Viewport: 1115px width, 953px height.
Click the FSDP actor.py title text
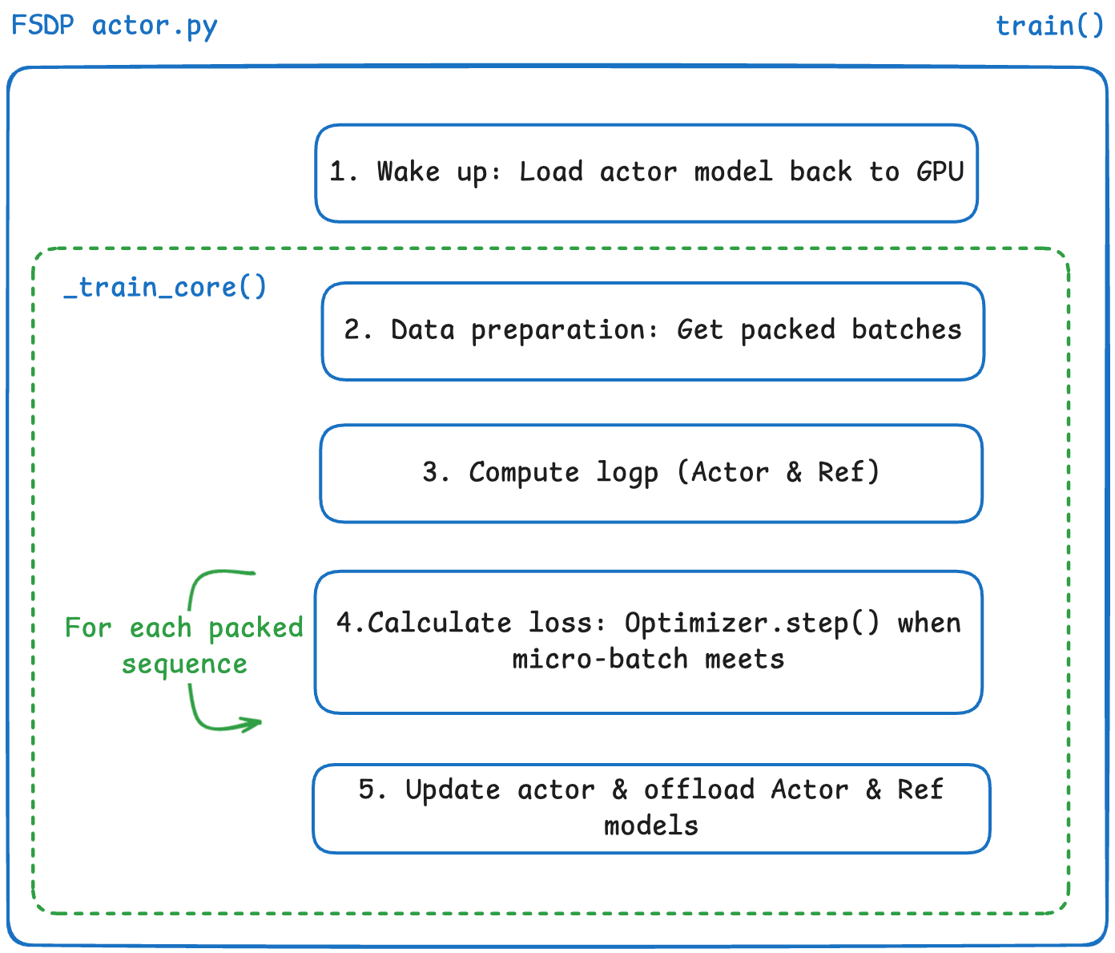tap(114, 26)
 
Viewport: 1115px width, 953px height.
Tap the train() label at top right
tap(1049, 26)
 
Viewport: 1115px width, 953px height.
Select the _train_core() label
tap(165, 287)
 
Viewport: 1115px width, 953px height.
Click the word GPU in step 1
tap(940, 172)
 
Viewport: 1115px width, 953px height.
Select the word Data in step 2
tap(422, 329)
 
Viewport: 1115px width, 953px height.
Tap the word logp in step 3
tap(627, 473)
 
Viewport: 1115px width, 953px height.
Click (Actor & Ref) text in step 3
tap(778, 472)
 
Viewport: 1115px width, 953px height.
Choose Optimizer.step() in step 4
tap(752, 623)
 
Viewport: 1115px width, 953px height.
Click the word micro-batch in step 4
tap(600, 659)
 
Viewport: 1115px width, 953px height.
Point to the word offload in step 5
tap(699, 789)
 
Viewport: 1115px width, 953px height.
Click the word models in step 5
tap(651, 826)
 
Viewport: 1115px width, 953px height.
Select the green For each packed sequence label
tap(184, 645)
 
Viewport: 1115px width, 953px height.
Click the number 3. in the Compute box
tap(437, 472)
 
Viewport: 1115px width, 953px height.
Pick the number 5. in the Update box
tap(372, 789)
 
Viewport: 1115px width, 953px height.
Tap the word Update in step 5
tap(453, 789)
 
